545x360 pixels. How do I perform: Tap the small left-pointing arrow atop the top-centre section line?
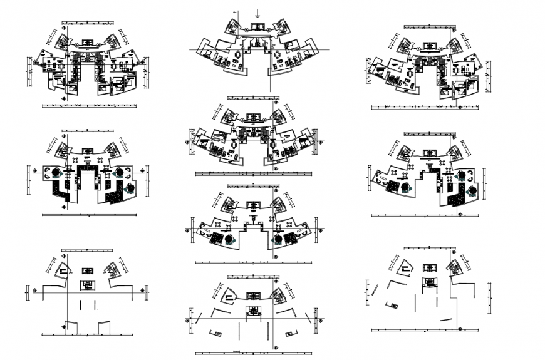[x=235, y=12]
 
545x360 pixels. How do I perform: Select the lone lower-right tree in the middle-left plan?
[x=130, y=187]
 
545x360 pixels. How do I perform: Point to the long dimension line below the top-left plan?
[x=88, y=106]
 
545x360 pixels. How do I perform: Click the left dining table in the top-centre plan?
[x=239, y=55]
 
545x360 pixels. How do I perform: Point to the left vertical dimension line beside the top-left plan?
[x=29, y=66]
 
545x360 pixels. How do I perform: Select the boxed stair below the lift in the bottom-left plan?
[x=87, y=285]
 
